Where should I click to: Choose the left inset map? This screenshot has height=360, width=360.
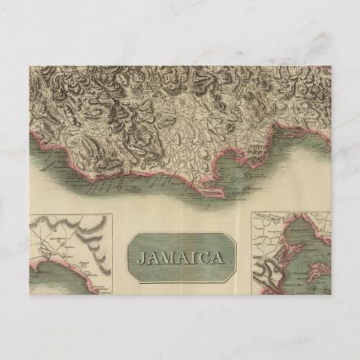71,252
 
